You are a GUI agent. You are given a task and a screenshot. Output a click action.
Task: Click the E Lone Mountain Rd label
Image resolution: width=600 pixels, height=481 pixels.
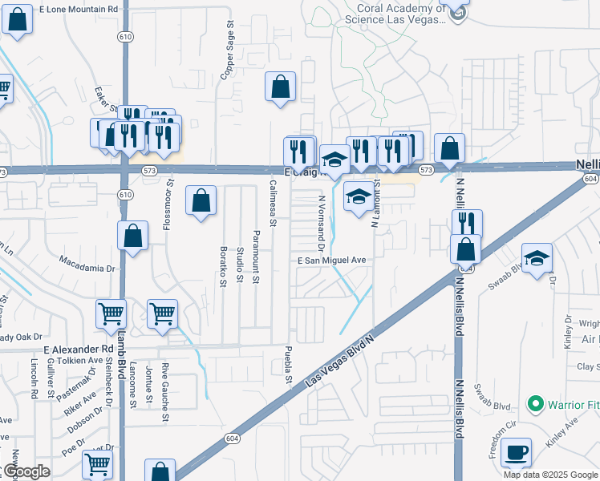[x=83, y=8]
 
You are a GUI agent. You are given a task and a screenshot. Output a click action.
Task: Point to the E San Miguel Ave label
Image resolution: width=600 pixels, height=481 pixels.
[x=331, y=261]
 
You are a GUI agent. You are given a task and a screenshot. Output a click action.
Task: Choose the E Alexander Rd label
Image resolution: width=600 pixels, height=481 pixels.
[x=79, y=350]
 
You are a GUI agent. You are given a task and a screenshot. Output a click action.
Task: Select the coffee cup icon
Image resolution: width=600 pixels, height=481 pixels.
[x=517, y=452]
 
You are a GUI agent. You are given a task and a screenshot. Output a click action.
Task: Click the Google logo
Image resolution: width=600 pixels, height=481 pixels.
[x=26, y=472]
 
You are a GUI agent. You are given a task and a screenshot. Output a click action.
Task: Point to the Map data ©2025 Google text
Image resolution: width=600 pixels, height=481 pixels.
[x=550, y=475]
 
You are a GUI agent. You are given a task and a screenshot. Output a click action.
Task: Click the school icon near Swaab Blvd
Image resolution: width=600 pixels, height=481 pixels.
[x=537, y=259]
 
